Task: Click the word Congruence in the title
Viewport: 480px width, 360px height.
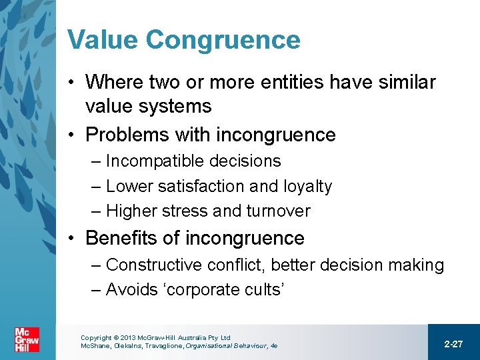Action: tap(223, 41)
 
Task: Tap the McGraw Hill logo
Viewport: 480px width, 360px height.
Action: tap(27, 339)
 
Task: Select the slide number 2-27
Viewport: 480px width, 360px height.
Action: tap(453, 343)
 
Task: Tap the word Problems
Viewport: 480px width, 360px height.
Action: tap(127, 135)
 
